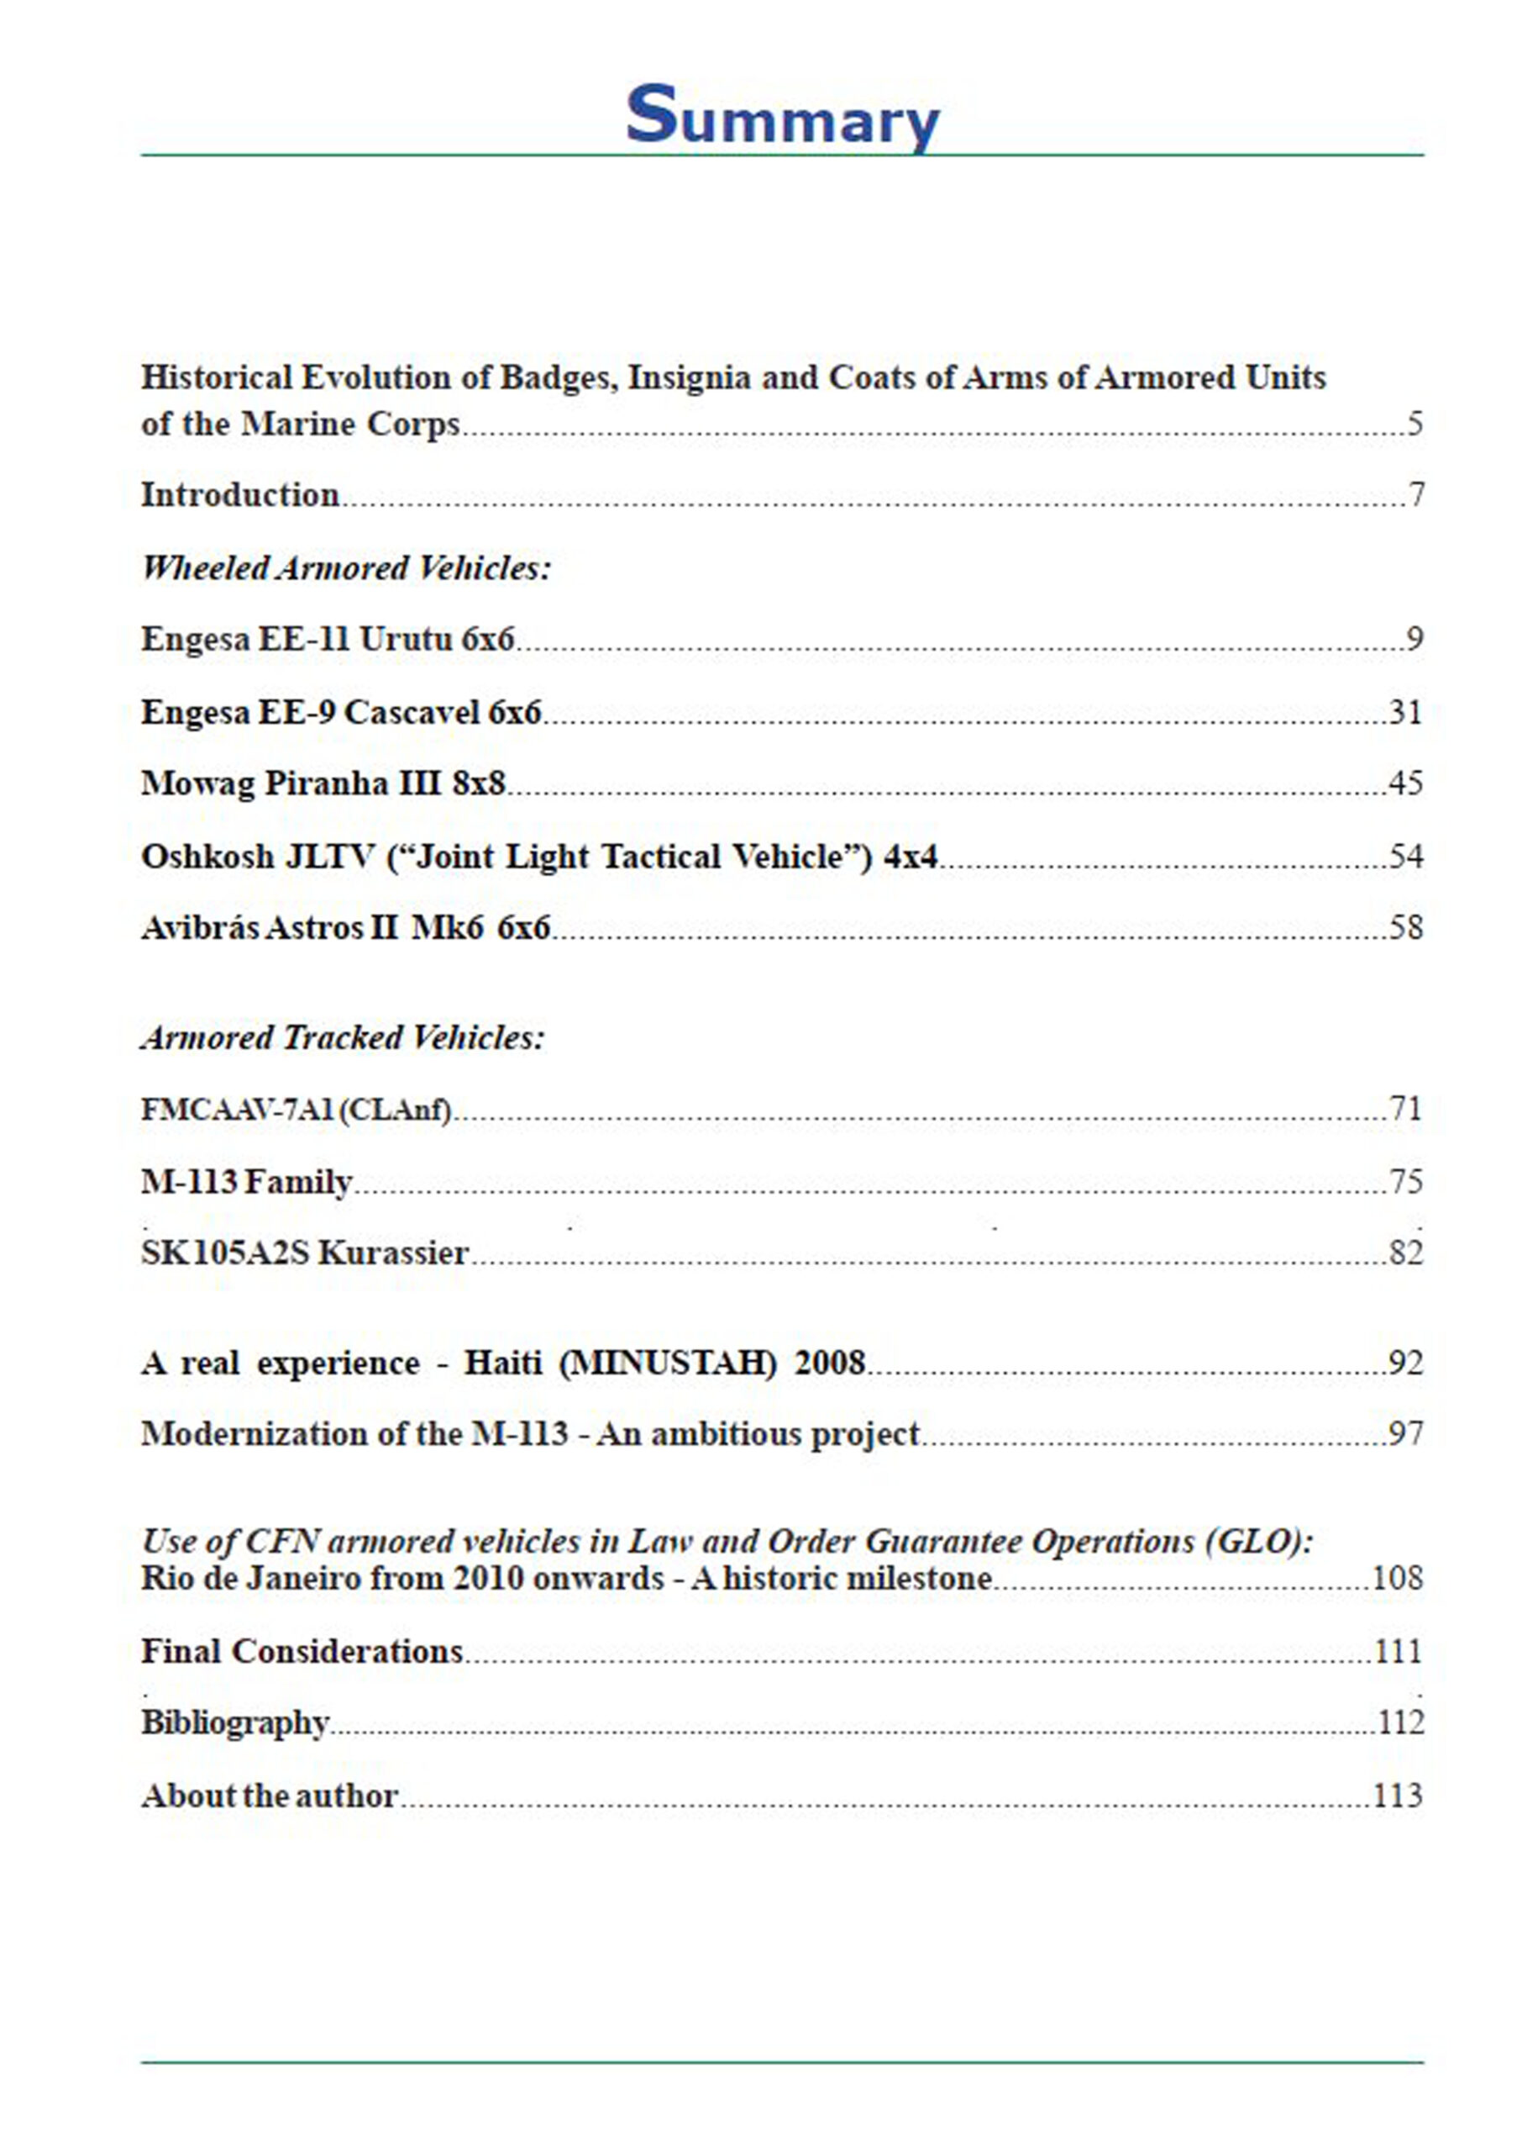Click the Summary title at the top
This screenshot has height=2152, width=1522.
(x=782, y=117)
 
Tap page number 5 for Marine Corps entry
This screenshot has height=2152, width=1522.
(x=1414, y=424)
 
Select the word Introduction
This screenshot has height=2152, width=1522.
(x=240, y=495)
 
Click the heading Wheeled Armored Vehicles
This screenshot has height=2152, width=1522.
(x=346, y=568)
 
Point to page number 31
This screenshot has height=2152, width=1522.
(x=1406, y=713)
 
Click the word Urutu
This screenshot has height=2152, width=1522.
(x=406, y=640)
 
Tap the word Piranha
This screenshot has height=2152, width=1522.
(x=319, y=783)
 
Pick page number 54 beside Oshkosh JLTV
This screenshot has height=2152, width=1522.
(x=1406, y=856)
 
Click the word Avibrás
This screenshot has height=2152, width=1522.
(x=200, y=927)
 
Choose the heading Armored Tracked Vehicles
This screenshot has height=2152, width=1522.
(x=342, y=1038)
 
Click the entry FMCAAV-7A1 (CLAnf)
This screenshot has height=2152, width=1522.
(x=297, y=1110)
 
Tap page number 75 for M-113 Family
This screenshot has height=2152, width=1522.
(x=1406, y=1181)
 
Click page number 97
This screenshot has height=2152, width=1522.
(x=1406, y=1434)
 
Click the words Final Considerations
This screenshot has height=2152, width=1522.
(x=302, y=1651)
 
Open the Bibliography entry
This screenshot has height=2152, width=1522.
(x=234, y=1722)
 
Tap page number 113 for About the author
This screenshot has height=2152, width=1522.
(x=1398, y=1796)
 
